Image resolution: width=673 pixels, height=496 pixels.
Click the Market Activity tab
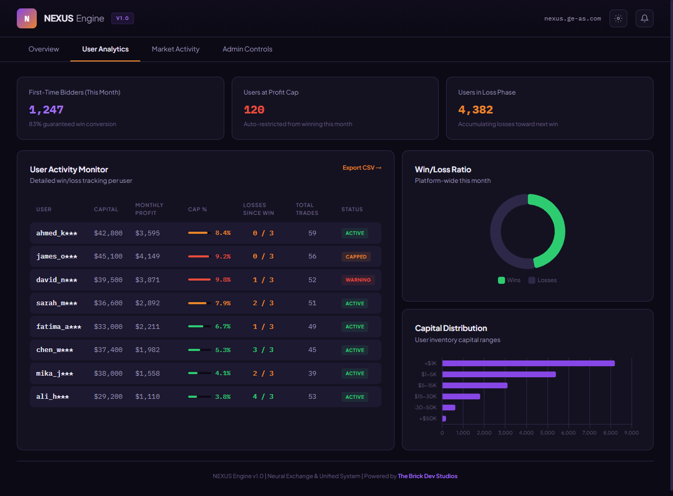pos(175,49)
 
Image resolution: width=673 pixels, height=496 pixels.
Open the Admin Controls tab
pos(247,49)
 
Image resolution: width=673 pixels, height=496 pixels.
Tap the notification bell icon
pos(645,18)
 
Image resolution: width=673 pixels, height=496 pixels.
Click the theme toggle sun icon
pos(618,18)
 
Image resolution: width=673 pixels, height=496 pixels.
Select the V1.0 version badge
pos(122,18)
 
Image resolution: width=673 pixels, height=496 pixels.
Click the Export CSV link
pos(361,168)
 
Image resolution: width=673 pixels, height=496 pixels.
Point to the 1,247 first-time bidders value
pos(46,110)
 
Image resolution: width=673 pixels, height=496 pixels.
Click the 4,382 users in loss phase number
pos(475,110)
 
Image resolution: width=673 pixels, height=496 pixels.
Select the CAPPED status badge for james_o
pos(356,257)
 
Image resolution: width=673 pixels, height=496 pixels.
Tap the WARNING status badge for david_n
pos(358,280)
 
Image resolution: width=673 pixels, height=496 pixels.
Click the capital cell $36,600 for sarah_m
pos(108,303)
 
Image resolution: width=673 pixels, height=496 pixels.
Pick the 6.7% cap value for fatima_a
pos(223,326)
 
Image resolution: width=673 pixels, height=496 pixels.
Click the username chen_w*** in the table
pos(55,350)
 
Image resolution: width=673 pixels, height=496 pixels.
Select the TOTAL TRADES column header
pos(307,209)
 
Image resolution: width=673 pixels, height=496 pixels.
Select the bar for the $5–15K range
pos(475,385)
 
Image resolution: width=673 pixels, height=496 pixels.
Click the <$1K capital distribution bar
pos(528,363)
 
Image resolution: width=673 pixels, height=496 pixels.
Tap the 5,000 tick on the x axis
pos(547,433)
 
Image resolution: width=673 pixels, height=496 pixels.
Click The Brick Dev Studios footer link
pos(428,476)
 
